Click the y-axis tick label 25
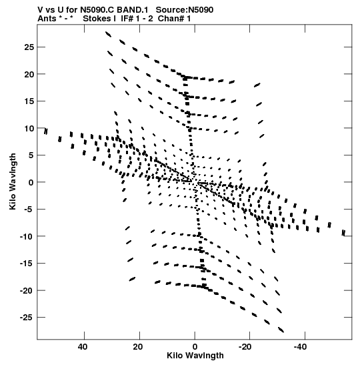(29, 47)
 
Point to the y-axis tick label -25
(27, 317)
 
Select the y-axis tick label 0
(31, 182)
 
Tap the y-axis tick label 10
(29, 128)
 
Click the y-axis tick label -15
(27, 264)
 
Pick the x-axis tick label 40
(83, 347)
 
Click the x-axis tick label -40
(300, 347)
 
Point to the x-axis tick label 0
(195, 347)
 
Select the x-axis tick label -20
(245, 347)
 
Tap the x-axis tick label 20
(138, 347)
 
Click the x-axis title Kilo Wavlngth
(195, 356)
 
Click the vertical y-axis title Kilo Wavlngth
(13, 181)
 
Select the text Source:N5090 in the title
(185, 10)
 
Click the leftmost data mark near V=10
(46, 131)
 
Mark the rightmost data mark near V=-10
(343, 233)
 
